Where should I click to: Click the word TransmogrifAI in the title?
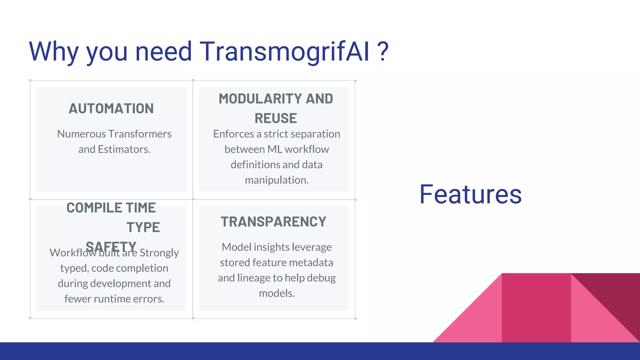(x=284, y=52)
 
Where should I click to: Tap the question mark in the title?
(x=383, y=52)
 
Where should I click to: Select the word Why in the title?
(x=53, y=52)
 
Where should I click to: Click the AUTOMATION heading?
(x=111, y=109)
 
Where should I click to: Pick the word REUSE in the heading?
(x=276, y=118)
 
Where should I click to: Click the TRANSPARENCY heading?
(x=273, y=222)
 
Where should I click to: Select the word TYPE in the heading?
(x=143, y=227)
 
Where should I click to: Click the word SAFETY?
(x=111, y=247)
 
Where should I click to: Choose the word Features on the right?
(x=470, y=194)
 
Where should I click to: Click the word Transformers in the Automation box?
(x=140, y=134)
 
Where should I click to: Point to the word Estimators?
(x=124, y=149)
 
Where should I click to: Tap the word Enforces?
(x=233, y=134)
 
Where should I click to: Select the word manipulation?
(x=277, y=180)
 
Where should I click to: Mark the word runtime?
(x=112, y=299)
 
